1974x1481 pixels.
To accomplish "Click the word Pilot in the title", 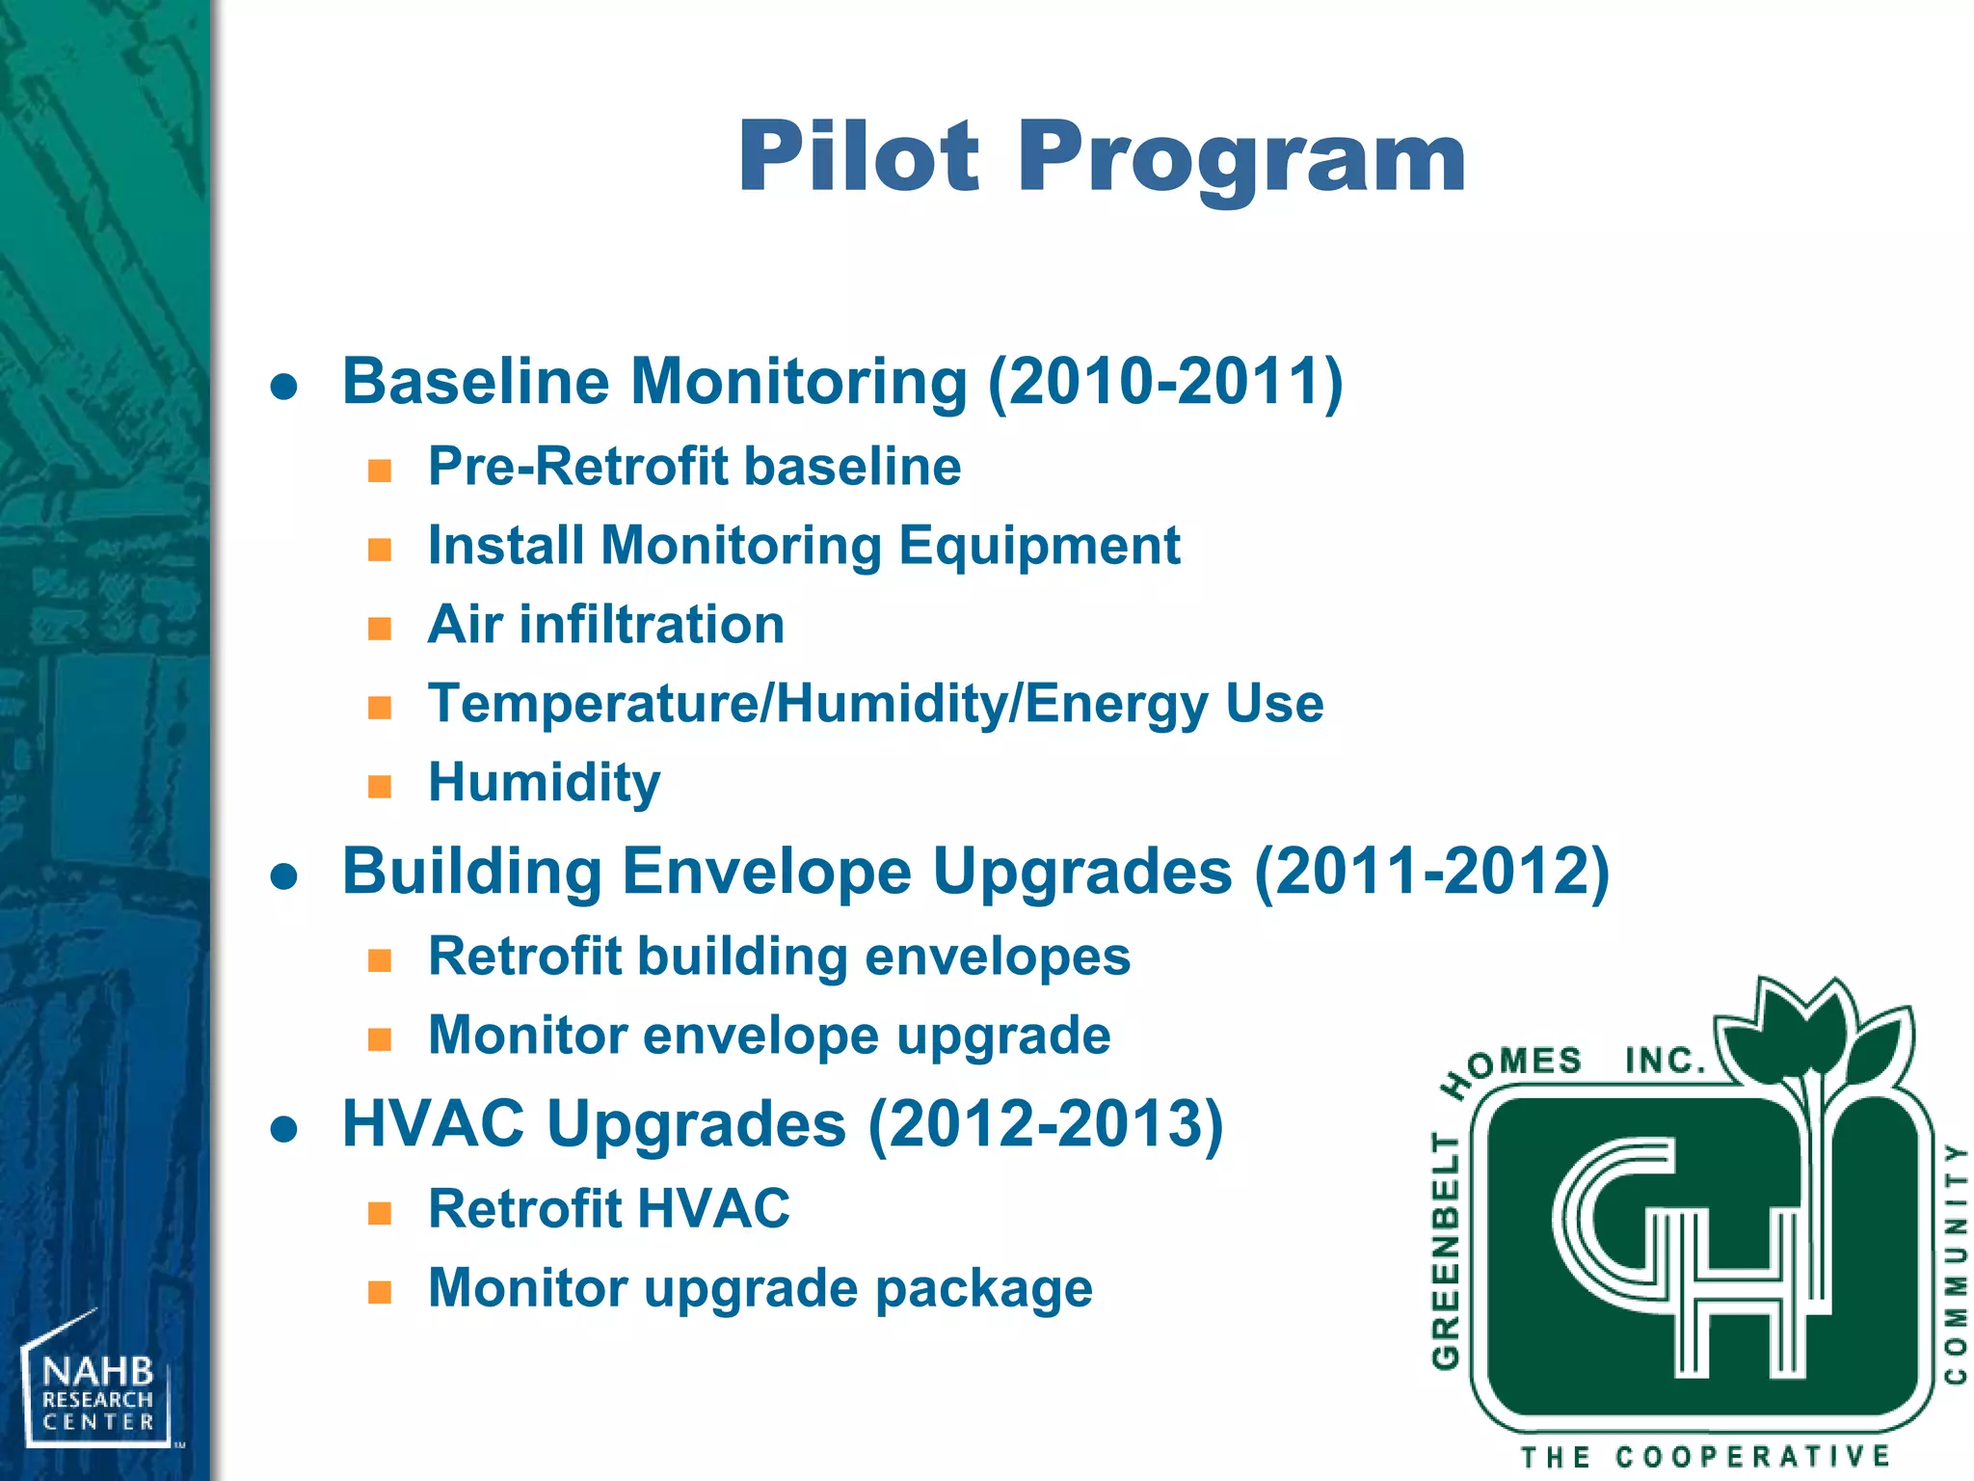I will click(x=858, y=156).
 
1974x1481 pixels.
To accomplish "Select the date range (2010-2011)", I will click(x=1165, y=382).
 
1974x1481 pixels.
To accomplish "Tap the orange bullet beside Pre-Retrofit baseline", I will click(x=380, y=471).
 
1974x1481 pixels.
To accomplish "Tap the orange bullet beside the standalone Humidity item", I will click(x=380, y=787).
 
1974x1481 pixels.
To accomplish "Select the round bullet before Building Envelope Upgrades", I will click(x=284, y=875).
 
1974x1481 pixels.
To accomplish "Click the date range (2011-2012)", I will click(x=1431, y=872).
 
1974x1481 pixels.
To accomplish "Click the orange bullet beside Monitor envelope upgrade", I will click(x=380, y=1039).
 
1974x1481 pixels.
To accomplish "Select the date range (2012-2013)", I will click(x=1046, y=1124).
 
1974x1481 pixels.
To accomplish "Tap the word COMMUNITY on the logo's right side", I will click(x=1955, y=1263).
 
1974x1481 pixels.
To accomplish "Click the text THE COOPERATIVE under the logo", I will click(x=1704, y=1456).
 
